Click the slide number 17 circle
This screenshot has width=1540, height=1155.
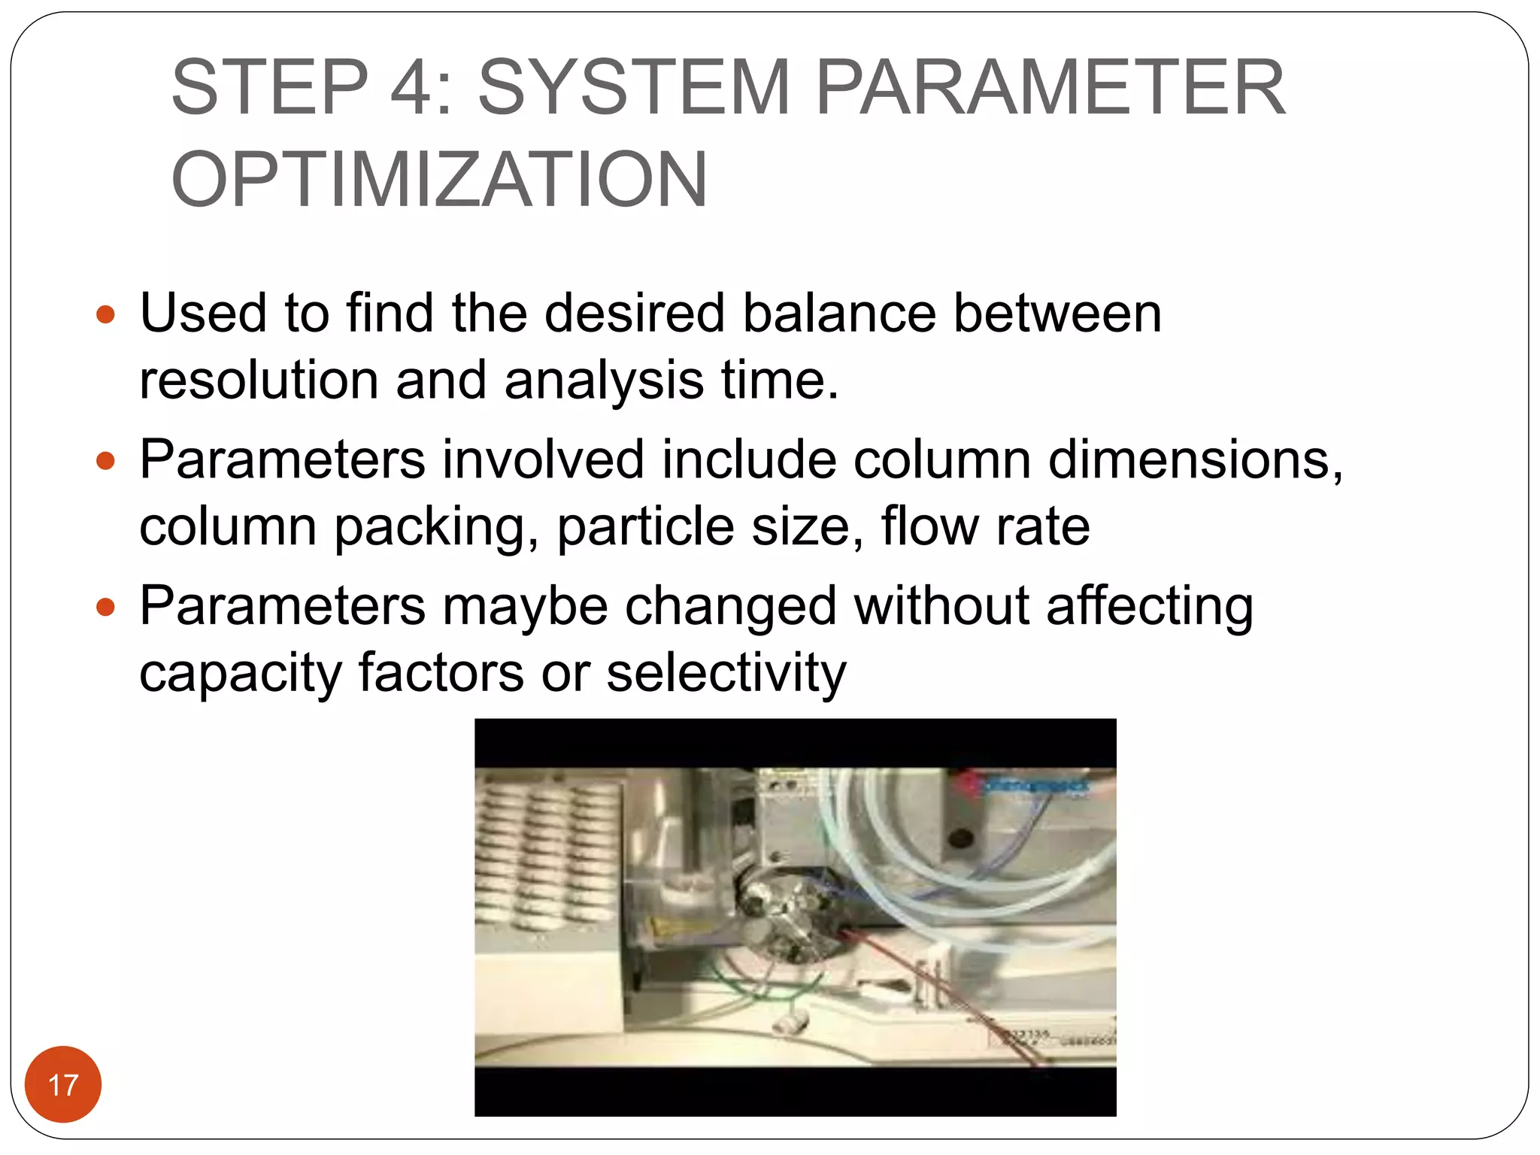pos(63,1084)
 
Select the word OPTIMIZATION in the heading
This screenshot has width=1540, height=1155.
pos(439,180)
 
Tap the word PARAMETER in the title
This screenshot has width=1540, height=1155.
pos(1050,88)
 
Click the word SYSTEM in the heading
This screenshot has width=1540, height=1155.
pos(634,88)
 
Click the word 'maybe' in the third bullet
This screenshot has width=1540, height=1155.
pos(525,606)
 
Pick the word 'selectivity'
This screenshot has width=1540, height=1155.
pos(726,672)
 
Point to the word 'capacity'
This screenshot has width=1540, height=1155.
pos(240,674)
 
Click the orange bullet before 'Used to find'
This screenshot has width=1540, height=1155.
pos(106,314)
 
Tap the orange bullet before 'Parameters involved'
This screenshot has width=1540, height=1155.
pos(106,460)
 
